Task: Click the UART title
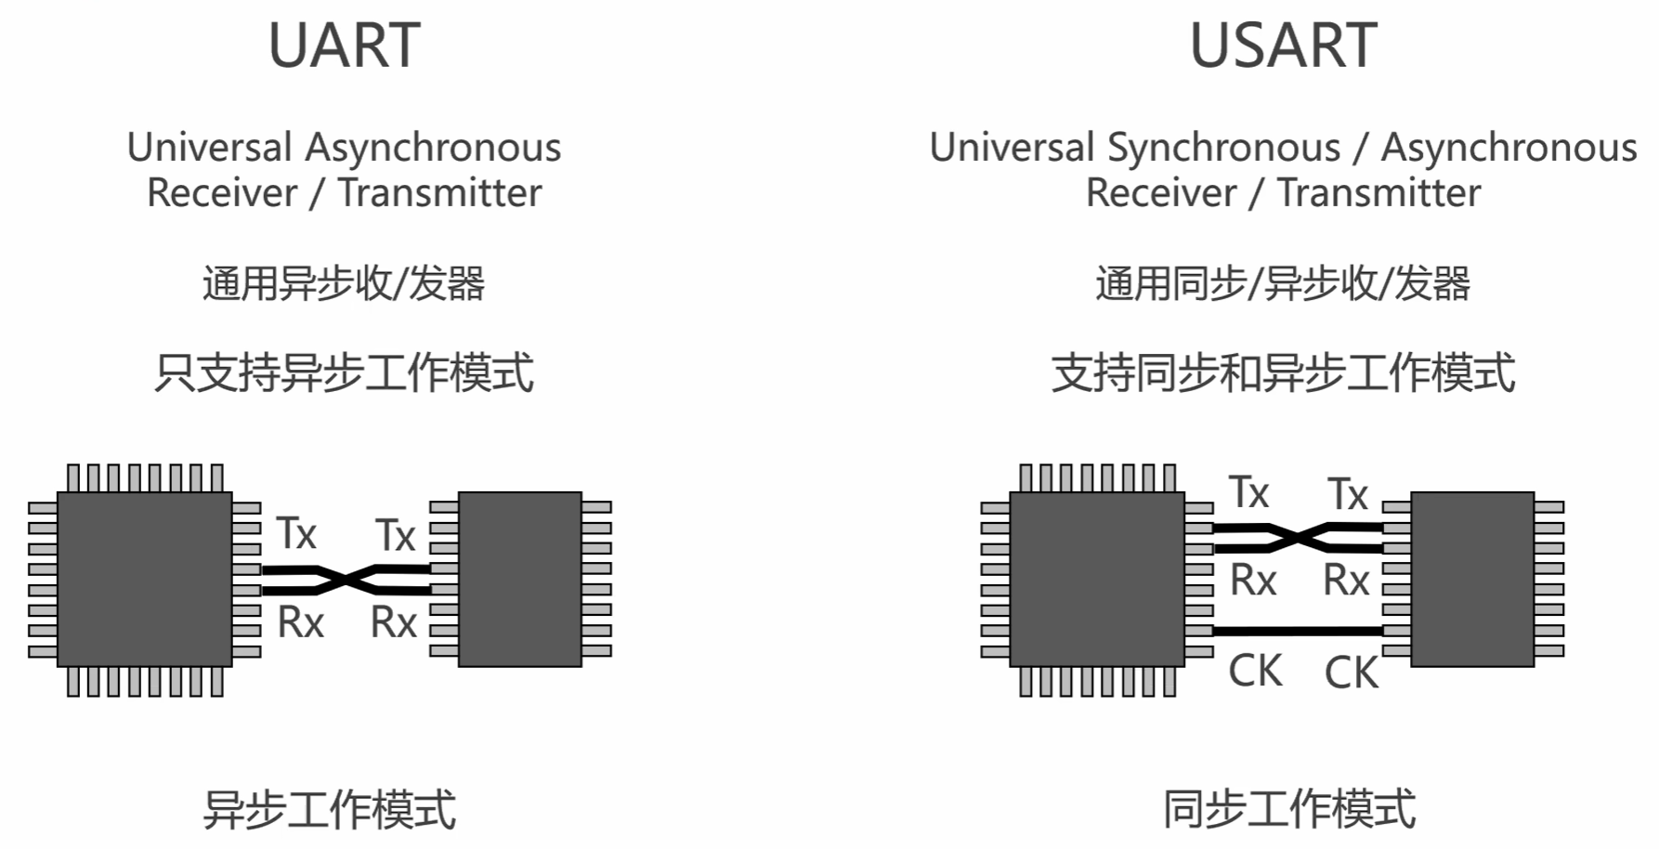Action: [344, 46]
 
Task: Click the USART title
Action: [1284, 46]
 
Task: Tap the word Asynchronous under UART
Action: [433, 148]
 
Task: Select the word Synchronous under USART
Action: [1224, 148]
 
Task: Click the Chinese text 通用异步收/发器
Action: [344, 283]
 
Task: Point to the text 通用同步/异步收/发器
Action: [1283, 283]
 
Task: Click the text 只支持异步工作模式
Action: [344, 372]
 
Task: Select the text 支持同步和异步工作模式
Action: [1283, 372]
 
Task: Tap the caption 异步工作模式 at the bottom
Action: [330, 809]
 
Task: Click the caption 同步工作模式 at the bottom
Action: [1289, 809]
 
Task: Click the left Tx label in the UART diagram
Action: [296, 534]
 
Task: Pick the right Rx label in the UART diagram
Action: [393, 622]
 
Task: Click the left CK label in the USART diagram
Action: [1255, 671]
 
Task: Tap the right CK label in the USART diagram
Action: [1351, 673]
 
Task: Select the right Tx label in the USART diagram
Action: [1347, 494]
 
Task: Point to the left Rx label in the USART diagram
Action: [1253, 581]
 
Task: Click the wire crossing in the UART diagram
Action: [346, 581]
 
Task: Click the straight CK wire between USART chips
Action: [1298, 632]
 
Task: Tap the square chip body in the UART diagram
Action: [144, 579]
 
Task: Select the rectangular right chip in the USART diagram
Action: [1472, 579]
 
